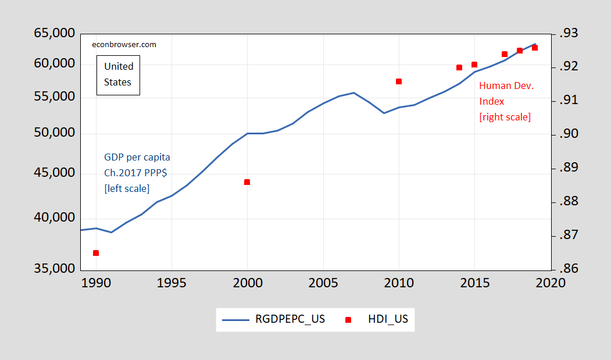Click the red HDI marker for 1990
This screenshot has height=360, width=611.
coord(96,253)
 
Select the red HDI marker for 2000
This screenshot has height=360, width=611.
coord(247,182)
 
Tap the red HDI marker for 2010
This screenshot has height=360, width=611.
coord(399,81)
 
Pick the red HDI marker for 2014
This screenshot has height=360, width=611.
coord(459,67)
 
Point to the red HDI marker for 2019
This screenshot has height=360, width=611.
coord(535,48)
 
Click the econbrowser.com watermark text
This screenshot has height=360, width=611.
coord(124,44)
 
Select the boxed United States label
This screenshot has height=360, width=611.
coord(119,74)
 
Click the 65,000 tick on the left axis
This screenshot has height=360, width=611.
coord(55,33)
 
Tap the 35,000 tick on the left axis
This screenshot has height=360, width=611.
coord(55,269)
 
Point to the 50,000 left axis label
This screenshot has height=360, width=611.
coord(55,133)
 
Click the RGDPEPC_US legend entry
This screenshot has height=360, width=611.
coord(274,319)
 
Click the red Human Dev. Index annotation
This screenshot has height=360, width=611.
coord(506,101)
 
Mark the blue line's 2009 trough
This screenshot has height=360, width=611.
coord(384,113)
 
